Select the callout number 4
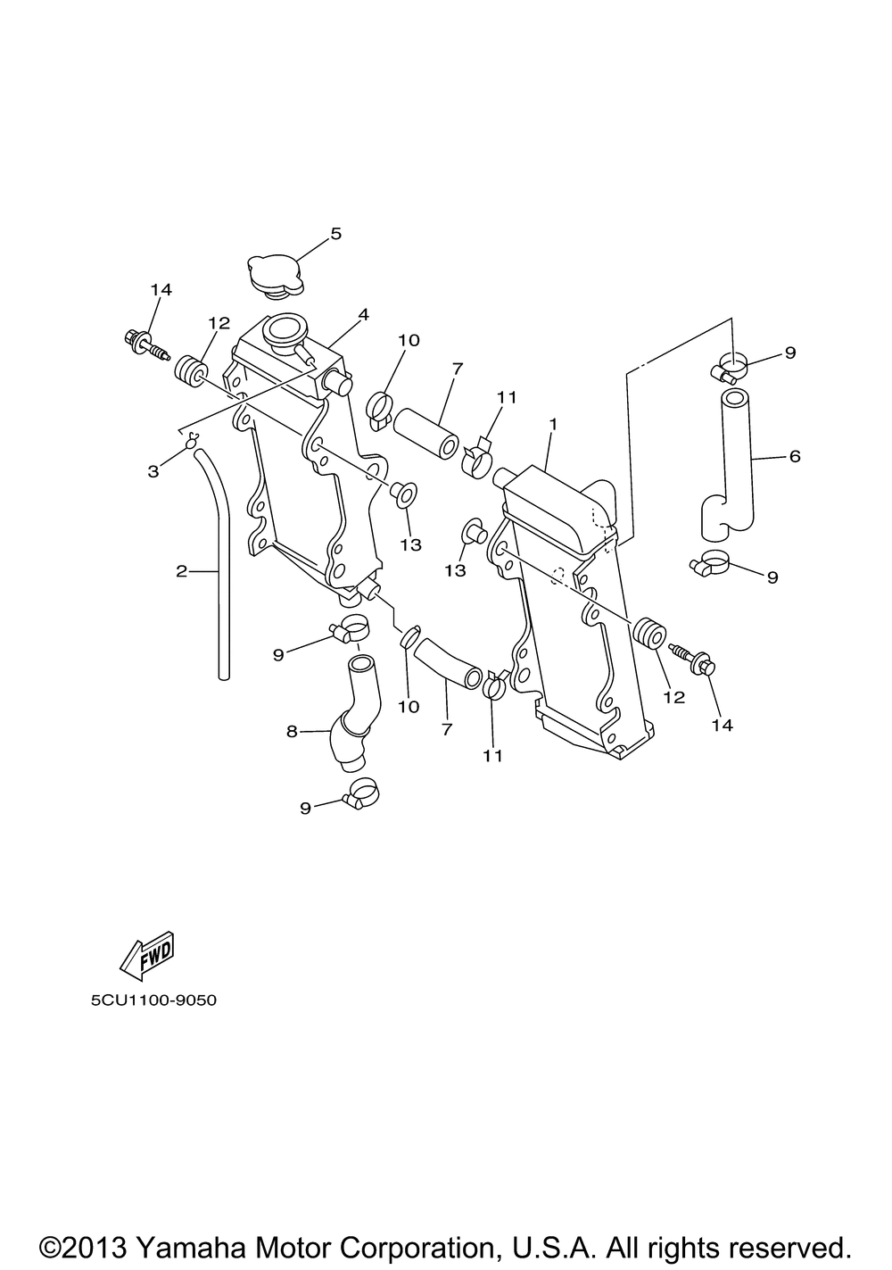(x=363, y=315)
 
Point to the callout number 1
(x=553, y=424)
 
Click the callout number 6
(x=795, y=456)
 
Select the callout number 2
(x=181, y=571)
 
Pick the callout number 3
(x=153, y=471)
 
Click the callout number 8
(x=292, y=732)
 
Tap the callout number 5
(x=336, y=234)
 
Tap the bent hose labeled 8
(x=357, y=712)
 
